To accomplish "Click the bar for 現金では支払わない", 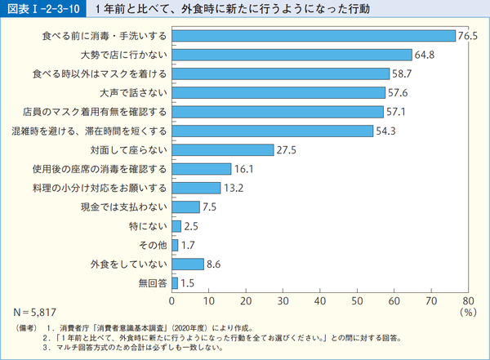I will coord(185,207).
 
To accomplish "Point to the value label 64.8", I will coord(424,55).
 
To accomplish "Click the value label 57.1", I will coord(396,112).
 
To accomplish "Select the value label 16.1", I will coord(244,169).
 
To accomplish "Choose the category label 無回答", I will coord(151,283).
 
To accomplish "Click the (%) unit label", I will coord(467,312).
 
